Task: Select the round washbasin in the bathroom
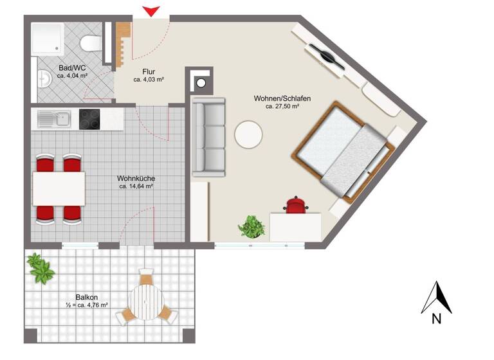coord(44,79)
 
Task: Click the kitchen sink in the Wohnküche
coord(54,118)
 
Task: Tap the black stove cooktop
coord(89,118)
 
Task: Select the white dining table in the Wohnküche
coord(59,188)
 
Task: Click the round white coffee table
coord(249,136)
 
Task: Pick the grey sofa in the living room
coord(209,137)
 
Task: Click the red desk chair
coord(296,204)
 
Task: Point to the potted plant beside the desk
coord(251,226)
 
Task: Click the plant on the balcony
coord(41,267)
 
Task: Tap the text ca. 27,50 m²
coord(282,107)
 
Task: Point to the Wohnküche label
coord(135,178)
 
